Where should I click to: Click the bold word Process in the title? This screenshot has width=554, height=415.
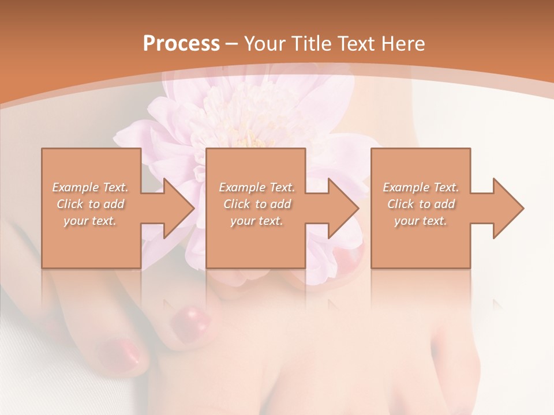(x=181, y=44)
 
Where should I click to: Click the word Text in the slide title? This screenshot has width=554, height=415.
(x=357, y=44)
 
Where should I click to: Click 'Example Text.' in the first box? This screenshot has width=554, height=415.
(x=91, y=187)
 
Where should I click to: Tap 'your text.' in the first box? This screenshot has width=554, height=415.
(x=91, y=221)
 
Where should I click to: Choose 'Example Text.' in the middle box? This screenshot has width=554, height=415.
(x=257, y=187)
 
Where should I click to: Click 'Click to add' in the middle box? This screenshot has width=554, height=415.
(x=257, y=204)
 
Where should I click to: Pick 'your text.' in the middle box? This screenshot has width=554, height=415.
(x=257, y=221)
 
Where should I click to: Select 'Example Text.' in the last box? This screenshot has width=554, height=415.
(x=421, y=187)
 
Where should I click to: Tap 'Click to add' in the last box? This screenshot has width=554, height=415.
(x=421, y=204)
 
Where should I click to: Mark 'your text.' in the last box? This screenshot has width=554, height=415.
(x=421, y=221)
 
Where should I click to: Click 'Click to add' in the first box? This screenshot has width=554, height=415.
(x=91, y=204)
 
